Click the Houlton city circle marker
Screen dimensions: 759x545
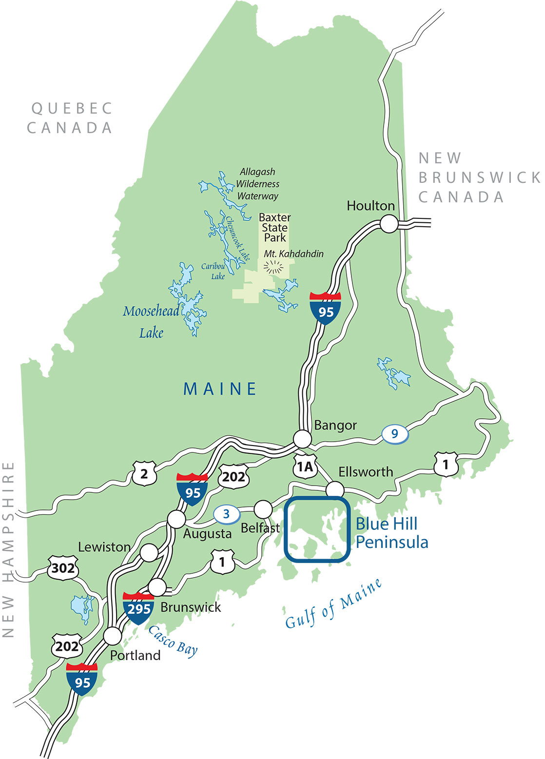coord(389,224)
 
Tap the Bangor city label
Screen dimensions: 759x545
coord(335,425)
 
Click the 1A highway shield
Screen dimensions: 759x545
coord(305,467)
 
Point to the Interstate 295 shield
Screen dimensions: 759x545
coord(138,607)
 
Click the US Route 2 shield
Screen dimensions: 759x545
coord(144,473)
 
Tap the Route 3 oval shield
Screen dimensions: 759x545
coord(226,513)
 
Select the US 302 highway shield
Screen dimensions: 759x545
coord(63,567)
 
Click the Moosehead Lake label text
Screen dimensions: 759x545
coord(150,322)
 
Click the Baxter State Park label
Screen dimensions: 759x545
coord(274,228)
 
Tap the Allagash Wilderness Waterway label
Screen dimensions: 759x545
coord(257,184)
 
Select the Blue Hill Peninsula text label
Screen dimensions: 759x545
coord(391,533)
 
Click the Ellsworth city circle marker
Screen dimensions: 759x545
coord(335,489)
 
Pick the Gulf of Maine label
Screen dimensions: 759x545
coord(333,604)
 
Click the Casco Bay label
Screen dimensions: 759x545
coord(173,641)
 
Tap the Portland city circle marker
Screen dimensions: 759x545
coord(113,636)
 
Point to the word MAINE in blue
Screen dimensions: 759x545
coord(220,389)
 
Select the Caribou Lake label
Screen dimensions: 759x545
coord(214,272)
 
